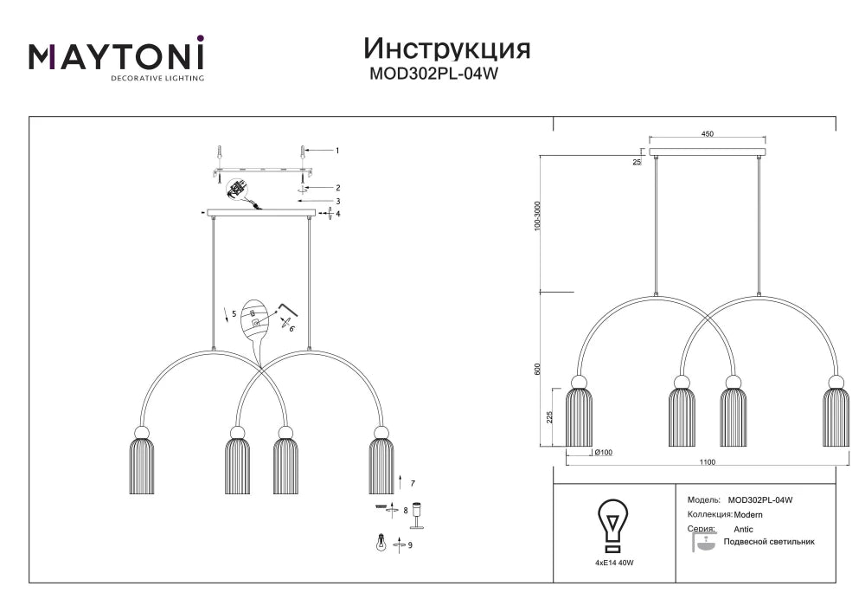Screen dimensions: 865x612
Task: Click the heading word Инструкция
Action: pos(447,49)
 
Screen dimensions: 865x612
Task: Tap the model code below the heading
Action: pos(433,74)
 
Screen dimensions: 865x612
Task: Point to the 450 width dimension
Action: pos(707,133)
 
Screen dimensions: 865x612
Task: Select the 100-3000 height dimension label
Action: pos(538,216)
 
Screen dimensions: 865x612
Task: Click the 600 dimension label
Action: pos(537,369)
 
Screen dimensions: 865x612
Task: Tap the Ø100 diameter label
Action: pos(604,453)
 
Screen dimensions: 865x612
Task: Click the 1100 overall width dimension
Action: pos(708,462)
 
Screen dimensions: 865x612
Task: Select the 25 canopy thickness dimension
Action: pos(638,162)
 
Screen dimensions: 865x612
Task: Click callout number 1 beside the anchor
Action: pos(337,151)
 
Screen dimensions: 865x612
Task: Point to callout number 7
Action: pos(413,483)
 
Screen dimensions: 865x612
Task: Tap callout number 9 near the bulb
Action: pos(410,545)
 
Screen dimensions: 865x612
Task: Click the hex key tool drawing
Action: pos(289,309)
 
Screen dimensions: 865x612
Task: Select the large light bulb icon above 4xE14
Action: pos(613,526)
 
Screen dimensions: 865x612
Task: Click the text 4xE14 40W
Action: pos(614,563)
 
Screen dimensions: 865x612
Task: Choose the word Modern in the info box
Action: pos(748,515)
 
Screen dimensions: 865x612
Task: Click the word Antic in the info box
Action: pos(743,529)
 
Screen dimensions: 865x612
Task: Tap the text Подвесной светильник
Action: pos(769,542)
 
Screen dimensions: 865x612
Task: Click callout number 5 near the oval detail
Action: pos(234,313)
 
